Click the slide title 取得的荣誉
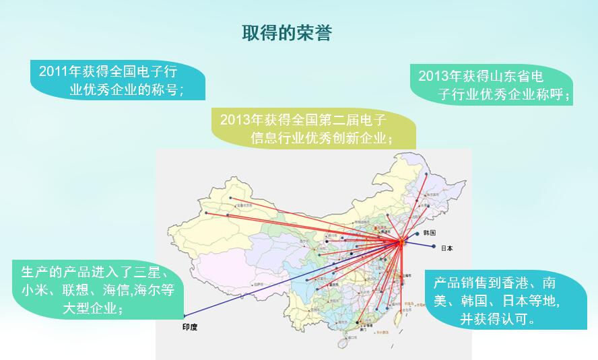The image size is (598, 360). [x=287, y=34]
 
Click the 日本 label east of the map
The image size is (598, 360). [x=446, y=248]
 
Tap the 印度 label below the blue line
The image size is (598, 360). [x=191, y=328]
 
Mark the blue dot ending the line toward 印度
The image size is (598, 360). [x=183, y=316]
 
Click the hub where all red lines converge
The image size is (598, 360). [x=400, y=244]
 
